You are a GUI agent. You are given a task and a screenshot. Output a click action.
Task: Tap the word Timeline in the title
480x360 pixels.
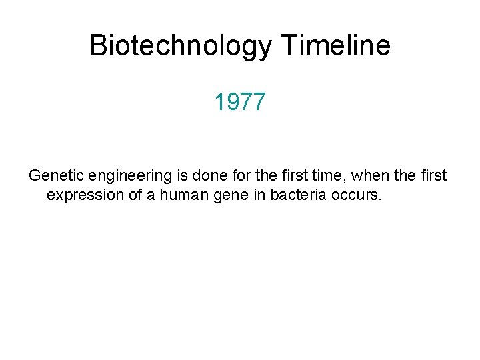336,46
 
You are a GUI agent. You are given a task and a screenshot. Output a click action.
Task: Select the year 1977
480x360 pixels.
240,103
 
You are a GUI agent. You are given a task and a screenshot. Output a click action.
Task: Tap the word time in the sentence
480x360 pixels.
328,176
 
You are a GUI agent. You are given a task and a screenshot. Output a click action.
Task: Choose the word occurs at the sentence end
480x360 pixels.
358,196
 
